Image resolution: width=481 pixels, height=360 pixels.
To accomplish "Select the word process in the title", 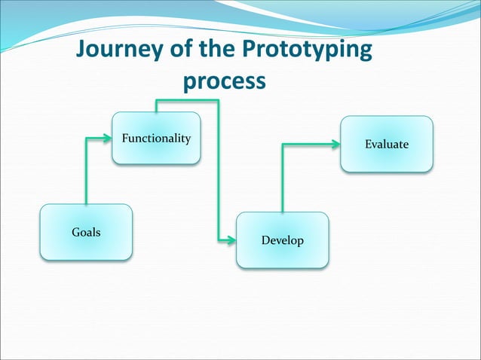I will pos(225,80).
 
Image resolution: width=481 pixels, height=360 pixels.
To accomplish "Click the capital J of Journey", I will pos(82,50).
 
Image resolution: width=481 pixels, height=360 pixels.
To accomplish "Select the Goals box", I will pos(86,232).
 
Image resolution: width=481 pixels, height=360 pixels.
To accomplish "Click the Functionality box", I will pos(156,138).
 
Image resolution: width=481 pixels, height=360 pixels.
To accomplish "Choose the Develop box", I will pos(282,240).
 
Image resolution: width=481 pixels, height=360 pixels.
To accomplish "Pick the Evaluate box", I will pos(387,144).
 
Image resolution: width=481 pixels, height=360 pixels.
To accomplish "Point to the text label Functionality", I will pos(156,139).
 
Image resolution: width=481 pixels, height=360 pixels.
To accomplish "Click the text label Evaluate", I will pos(387,144).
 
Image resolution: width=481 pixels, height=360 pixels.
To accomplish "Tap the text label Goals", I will pos(86,232).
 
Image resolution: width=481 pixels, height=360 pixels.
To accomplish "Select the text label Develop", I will pos(282,241).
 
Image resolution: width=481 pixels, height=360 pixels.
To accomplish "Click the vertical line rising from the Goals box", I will pos(87,173).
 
